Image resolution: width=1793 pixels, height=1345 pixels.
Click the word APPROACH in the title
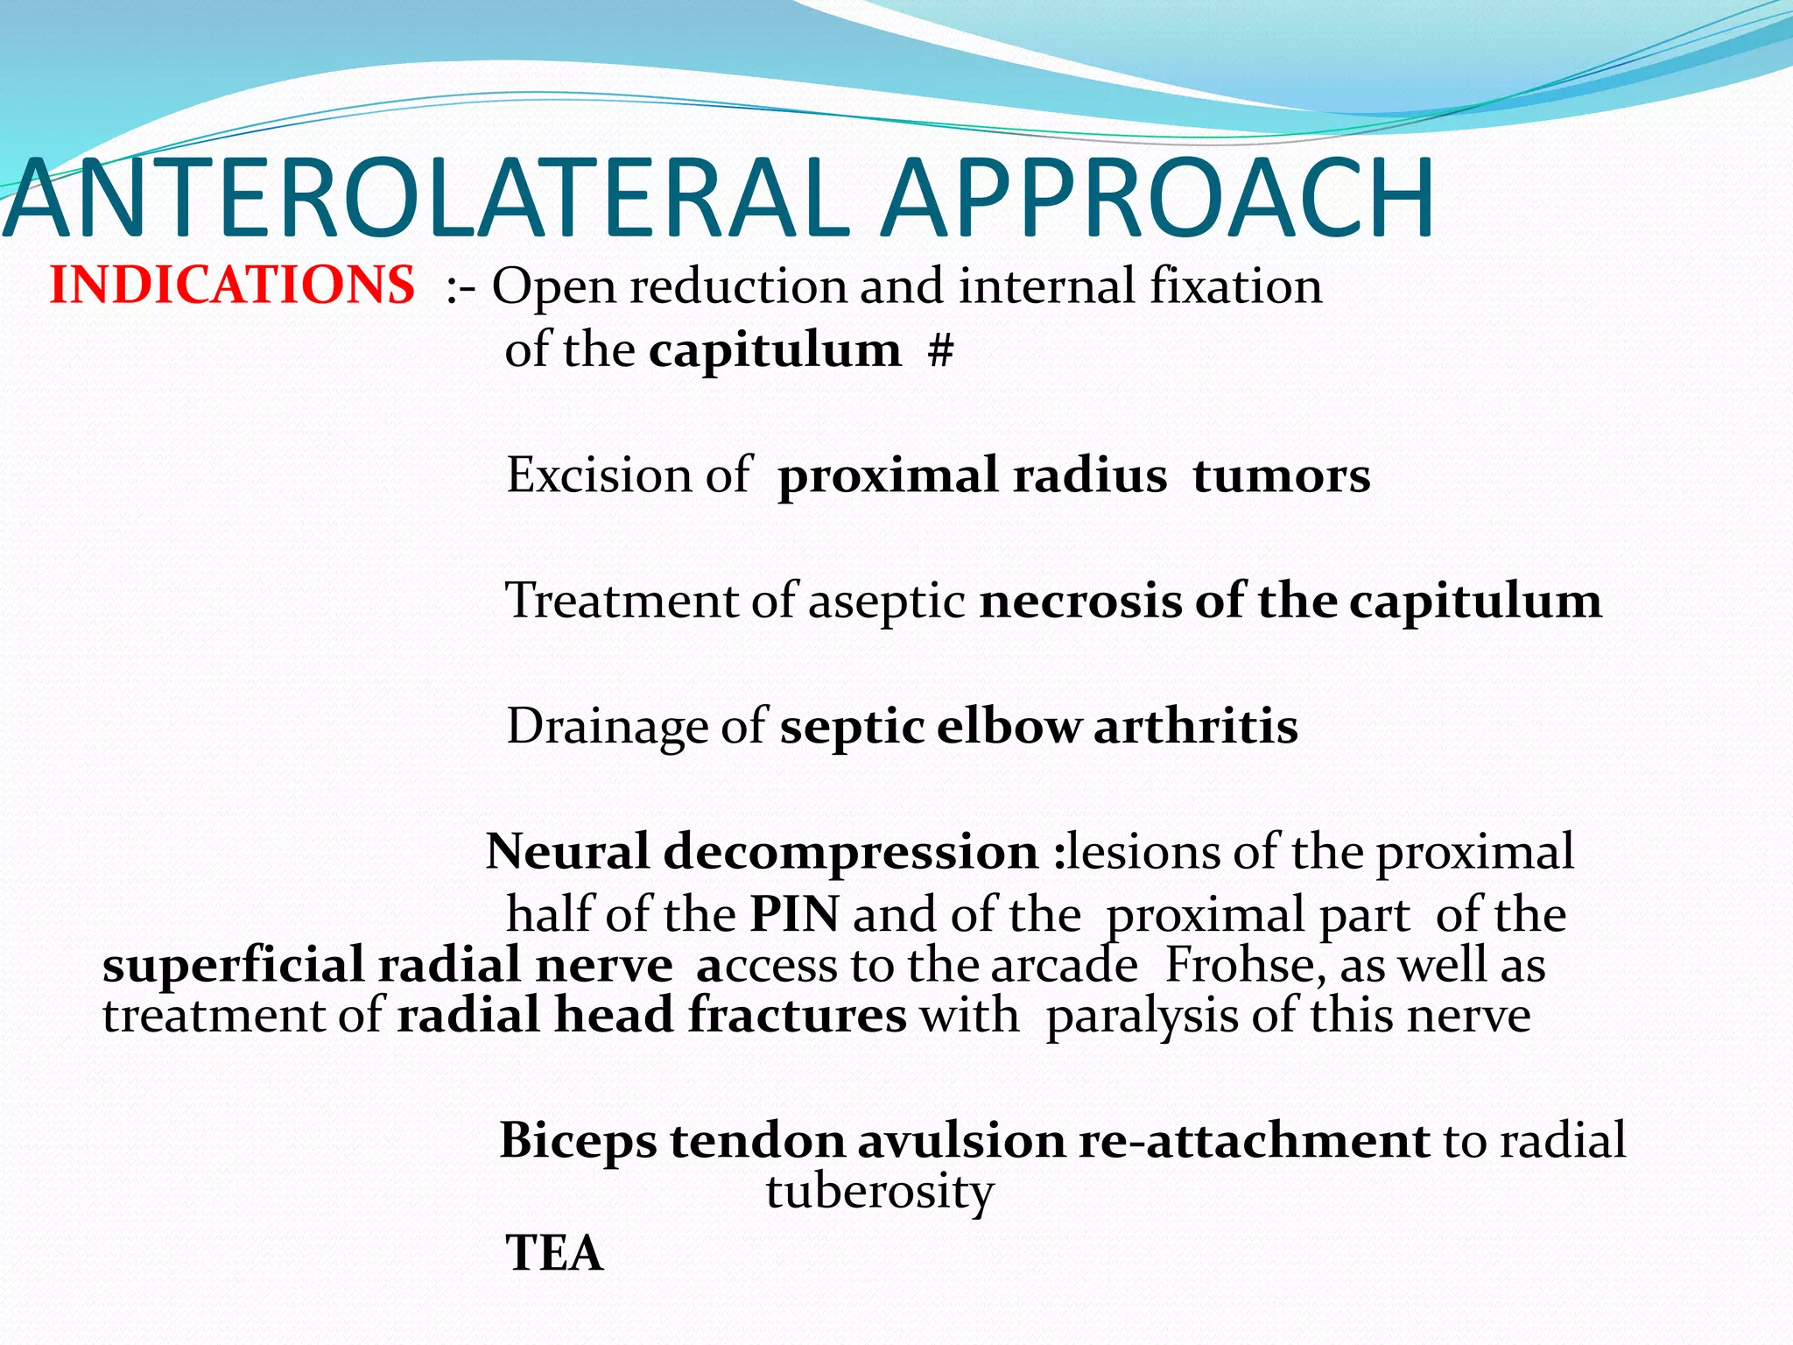(x=1157, y=200)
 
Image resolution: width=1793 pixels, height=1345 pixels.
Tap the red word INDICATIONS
(x=232, y=285)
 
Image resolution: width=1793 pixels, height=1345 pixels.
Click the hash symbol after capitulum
(x=940, y=350)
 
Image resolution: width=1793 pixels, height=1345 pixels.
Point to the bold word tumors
(x=1281, y=475)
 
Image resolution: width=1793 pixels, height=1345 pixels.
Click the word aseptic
(x=886, y=602)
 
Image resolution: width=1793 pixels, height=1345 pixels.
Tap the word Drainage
(x=608, y=727)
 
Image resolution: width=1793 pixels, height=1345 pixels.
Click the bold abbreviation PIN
(x=794, y=915)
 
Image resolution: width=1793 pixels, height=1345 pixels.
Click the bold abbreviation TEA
(x=554, y=1252)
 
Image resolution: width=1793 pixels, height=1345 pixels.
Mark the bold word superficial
(x=232, y=965)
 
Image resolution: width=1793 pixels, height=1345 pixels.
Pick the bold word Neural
(x=567, y=851)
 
